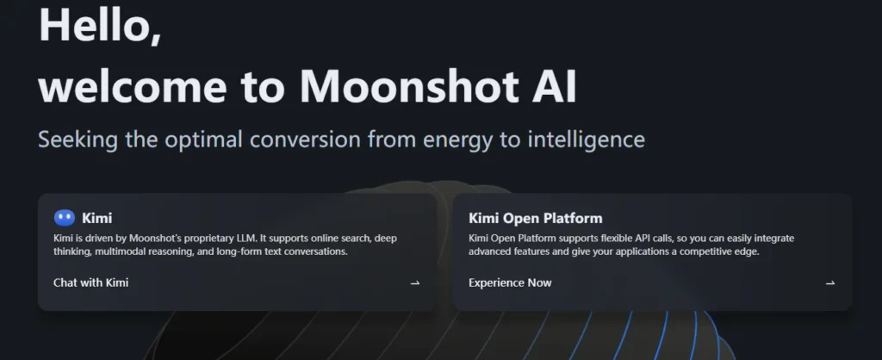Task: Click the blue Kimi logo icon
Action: pos(65,218)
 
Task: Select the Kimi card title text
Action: pos(96,218)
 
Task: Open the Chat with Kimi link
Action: pos(90,282)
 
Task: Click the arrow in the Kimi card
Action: pos(415,282)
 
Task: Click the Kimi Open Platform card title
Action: pos(535,218)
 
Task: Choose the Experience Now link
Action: pos(510,282)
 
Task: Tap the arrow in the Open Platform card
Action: pos(830,282)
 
